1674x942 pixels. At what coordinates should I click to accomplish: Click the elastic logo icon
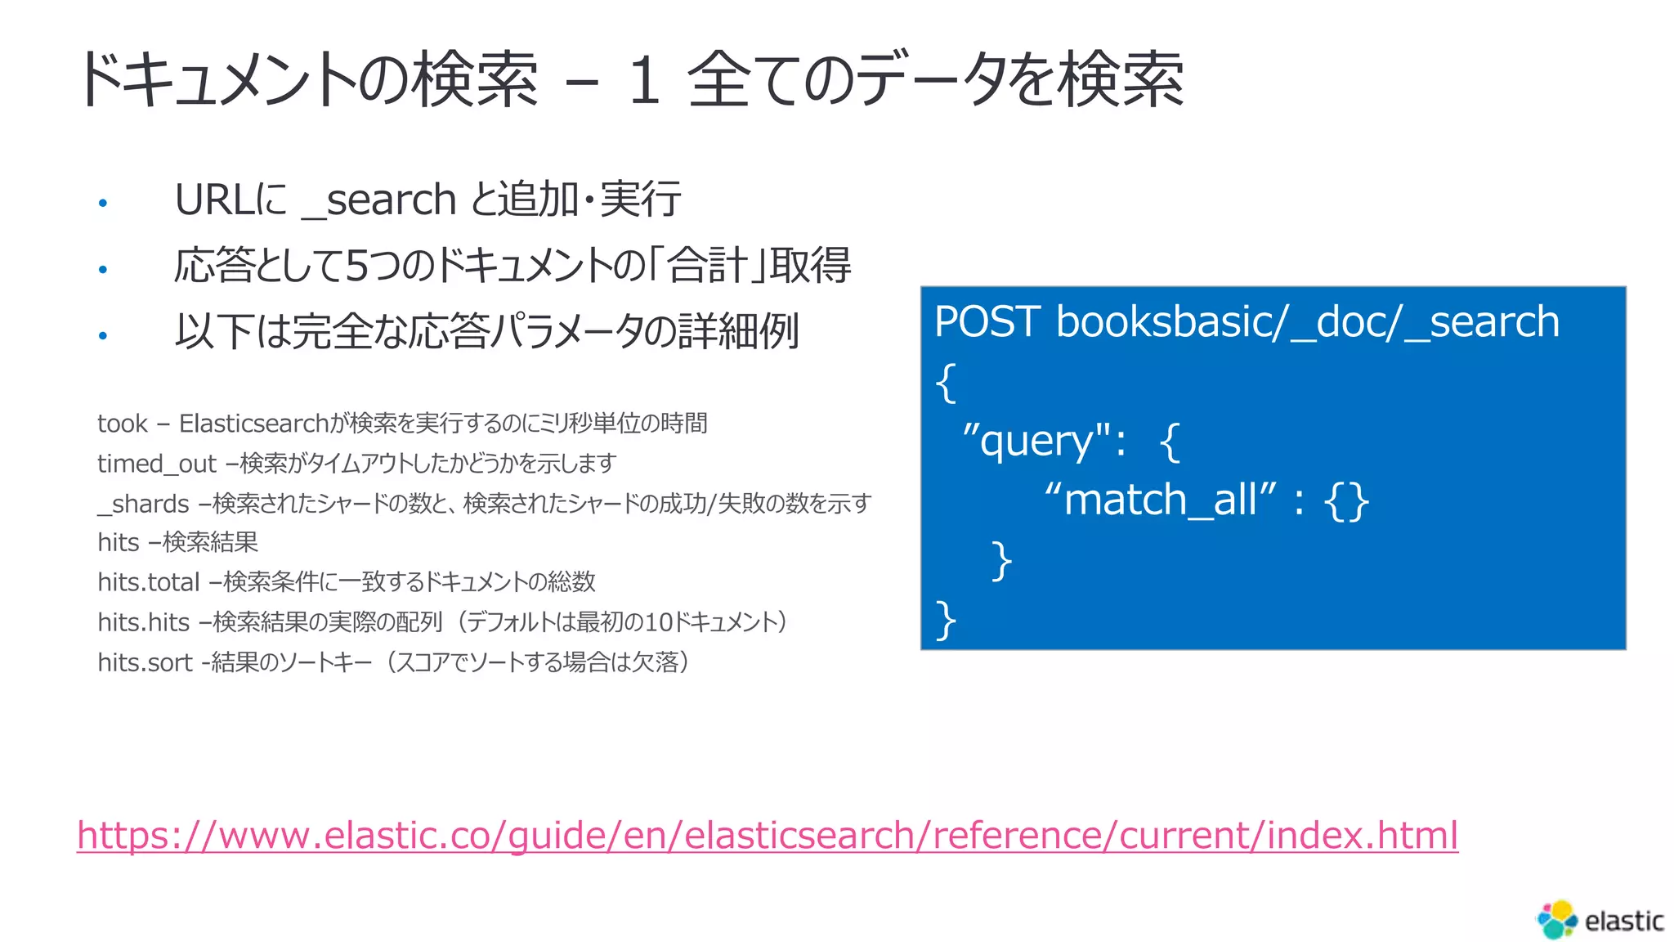pyautogui.click(x=1557, y=919)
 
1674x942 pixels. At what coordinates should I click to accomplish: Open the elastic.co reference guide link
pyautogui.click(x=767, y=836)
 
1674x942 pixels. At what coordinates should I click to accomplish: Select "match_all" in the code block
pyautogui.click(x=1160, y=500)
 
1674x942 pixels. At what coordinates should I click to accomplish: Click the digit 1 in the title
pyautogui.click(x=644, y=80)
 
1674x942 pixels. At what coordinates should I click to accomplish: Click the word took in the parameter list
pyautogui.click(x=123, y=424)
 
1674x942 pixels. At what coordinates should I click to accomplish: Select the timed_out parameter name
pyautogui.click(x=156, y=464)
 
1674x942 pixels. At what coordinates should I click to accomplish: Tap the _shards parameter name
pyautogui.click(x=144, y=504)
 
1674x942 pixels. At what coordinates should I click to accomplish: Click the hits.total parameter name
pyautogui.click(x=148, y=582)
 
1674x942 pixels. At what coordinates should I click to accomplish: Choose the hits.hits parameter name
pyautogui.click(x=143, y=622)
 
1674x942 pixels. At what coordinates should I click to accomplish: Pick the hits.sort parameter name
pyautogui.click(x=145, y=662)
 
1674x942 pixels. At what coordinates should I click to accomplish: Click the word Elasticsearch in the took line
pyautogui.click(x=253, y=424)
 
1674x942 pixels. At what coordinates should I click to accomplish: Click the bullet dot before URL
pyautogui.click(x=103, y=203)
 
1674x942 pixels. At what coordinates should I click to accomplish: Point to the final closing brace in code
pyautogui.click(x=946, y=619)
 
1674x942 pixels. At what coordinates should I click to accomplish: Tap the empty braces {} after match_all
pyautogui.click(x=1346, y=500)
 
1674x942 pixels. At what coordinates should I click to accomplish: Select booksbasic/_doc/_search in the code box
pyautogui.click(x=1307, y=321)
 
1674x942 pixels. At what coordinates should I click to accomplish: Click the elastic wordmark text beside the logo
pyautogui.click(x=1623, y=922)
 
